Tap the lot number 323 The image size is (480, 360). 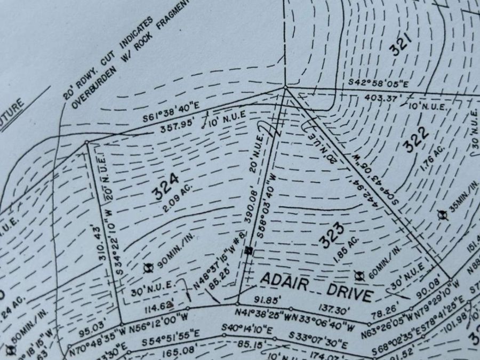[x=332, y=235]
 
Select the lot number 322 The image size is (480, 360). [x=417, y=141]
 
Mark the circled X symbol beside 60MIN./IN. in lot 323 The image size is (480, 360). [x=358, y=275]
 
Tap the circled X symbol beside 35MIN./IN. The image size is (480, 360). [x=441, y=214]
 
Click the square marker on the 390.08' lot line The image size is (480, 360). [x=249, y=250]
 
